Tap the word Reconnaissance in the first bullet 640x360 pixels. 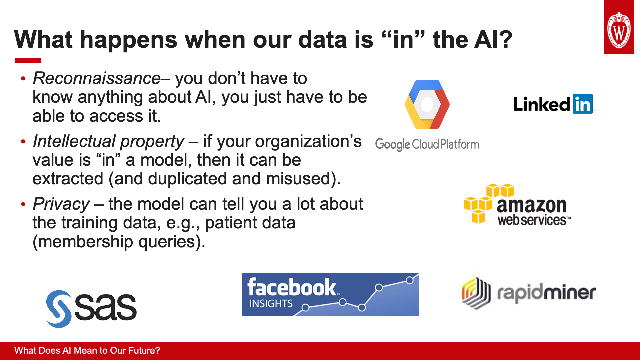(97, 78)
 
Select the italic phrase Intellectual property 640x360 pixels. (108, 141)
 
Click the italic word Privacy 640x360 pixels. (61, 204)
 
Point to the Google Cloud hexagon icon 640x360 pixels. (427, 104)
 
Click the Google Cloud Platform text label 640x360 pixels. (427, 145)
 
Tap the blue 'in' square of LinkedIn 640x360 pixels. (583, 104)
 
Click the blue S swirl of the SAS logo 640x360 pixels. (59, 309)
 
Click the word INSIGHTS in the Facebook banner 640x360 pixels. (271, 304)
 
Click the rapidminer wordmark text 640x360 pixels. (546, 293)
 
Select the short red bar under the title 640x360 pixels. (28, 60)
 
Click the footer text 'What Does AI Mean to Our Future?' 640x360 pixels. (87, 351)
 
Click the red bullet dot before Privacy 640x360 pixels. (23, 204)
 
